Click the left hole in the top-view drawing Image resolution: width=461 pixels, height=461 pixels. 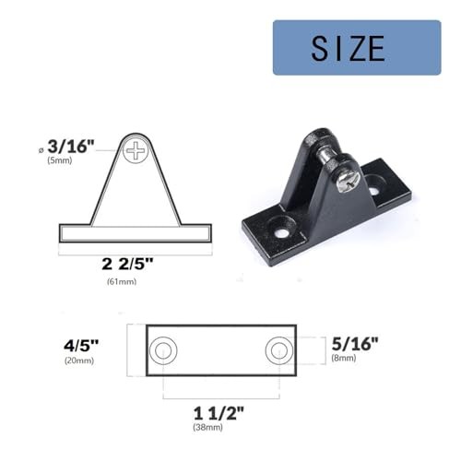(x=164, y=349)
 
